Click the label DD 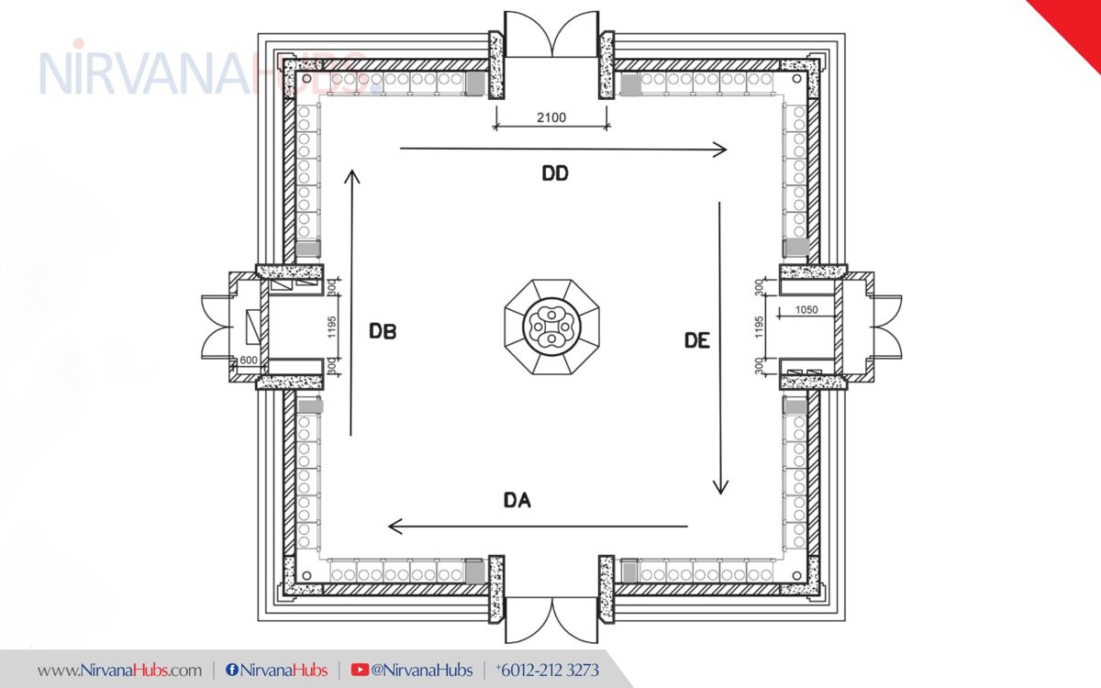point(554,174)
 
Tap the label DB point(383,331)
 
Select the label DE point(697,340)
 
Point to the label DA point(517,500)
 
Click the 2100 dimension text point(551,117)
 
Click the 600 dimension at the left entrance point(248,361)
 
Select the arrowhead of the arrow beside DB point(352,174)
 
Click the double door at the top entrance point(551,35)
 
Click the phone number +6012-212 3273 point(547,670)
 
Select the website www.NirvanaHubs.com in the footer point(119,670)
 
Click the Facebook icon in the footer point(232,671)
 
